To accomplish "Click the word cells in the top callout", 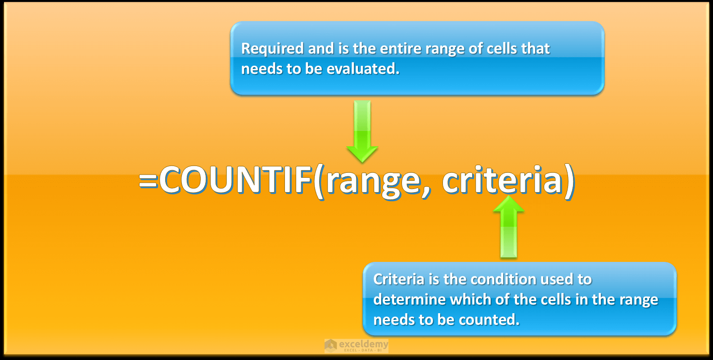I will point(501,49).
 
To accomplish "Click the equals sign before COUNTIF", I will point(148,181).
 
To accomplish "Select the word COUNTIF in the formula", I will point(235,180).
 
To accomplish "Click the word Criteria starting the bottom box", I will point(399,279).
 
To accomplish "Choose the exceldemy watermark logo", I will point(356,346).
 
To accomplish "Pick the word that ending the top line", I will point(535,49).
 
